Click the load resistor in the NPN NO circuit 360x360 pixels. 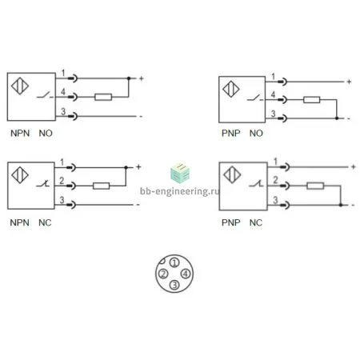click(x=103, y=97)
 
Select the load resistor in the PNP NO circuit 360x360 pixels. click(x=311, y=100)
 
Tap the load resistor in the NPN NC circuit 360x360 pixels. click(x=101, y=186)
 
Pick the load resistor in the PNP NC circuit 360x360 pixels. click(x=315, y=186)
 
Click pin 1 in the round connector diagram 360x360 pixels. click(x=174, y=263)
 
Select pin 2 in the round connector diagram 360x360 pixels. click(x=163, y=274)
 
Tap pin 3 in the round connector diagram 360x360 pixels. click(x=174, y=285)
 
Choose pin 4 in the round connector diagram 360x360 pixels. click(x=186, y=274)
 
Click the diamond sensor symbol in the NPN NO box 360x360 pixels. click(x=20, y=86)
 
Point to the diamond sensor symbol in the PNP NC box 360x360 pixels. click(x=232, y=175)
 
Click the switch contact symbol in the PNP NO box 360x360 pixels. click(x=255, y=98)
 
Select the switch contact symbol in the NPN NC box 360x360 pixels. click(x=43, y=183)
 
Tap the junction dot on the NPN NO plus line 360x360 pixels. click(x=129, y=78)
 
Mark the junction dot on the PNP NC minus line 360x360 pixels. click(x=341, y=205)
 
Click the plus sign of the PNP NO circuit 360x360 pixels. click(x=349, y=82)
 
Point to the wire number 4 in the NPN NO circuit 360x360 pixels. click(x=63, y=92)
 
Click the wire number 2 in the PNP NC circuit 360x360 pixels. click(x=275, y=180)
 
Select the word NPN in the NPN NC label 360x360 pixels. click(x=19, y=222)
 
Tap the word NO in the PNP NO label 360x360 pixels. click(x=256, y=133)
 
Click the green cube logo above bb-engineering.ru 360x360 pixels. click(x=180, y=174)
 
